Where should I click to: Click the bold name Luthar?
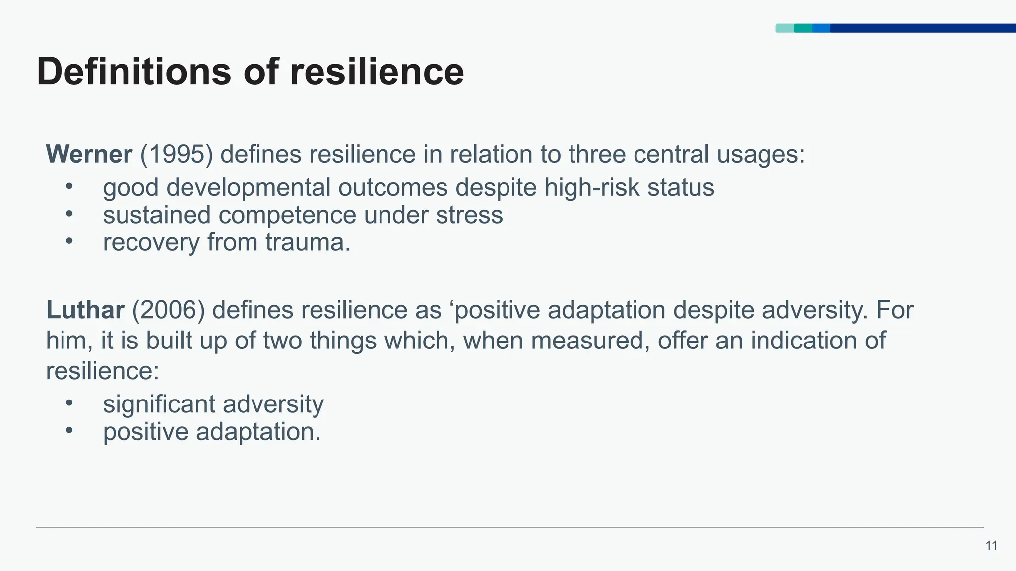coord(85,310)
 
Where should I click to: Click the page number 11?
coord(991,546)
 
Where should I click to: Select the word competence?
coord(287,216)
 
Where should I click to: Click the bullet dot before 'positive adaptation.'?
coord(69,430)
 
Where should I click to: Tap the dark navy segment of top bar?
coord(923,28)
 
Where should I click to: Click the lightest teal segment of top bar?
coord(784,28)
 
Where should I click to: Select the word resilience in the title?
coord(377,72)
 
